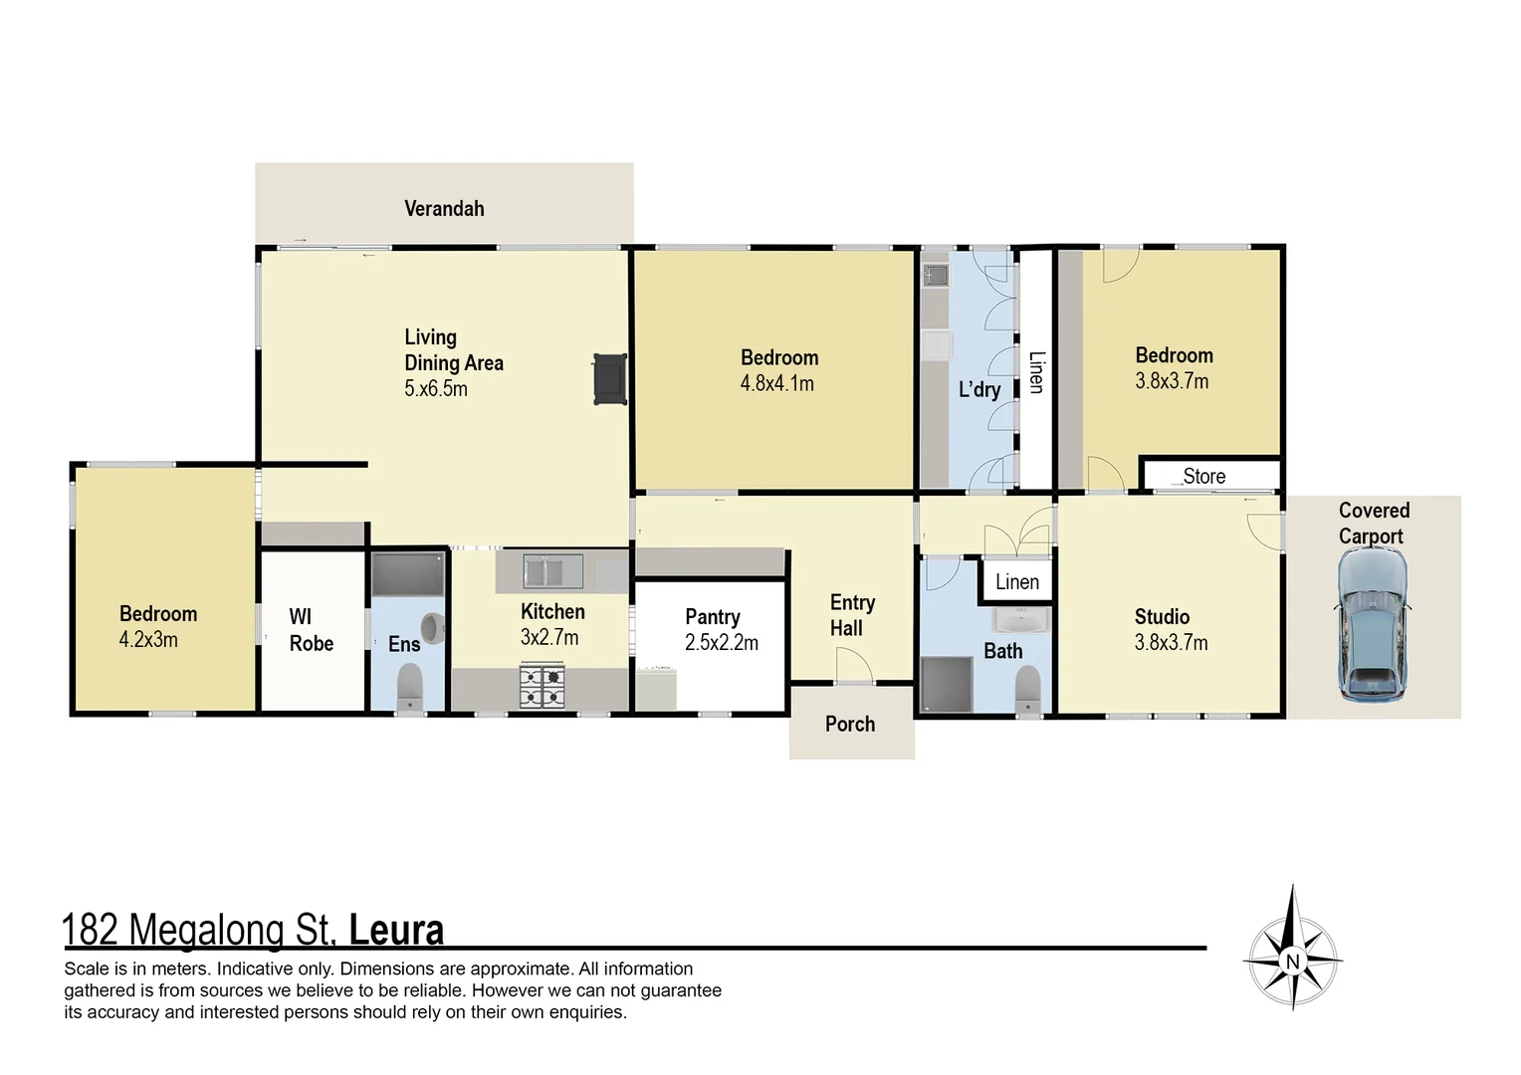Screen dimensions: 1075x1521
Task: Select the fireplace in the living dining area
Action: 609,379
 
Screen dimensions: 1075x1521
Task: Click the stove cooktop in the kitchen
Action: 543,687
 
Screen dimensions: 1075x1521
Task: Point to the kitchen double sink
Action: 543,571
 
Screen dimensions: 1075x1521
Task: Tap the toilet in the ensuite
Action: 409,687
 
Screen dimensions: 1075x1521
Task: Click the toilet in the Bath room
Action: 1027,687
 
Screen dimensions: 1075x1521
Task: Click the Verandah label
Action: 444,209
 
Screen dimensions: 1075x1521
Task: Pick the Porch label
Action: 850,725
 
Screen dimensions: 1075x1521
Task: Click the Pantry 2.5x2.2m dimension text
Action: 721,643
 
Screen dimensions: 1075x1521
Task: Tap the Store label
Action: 1203,477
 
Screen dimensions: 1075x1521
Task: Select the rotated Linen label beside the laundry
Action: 1036,372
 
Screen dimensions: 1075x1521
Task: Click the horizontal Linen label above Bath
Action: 1016,582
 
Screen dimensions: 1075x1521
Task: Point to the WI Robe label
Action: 311,630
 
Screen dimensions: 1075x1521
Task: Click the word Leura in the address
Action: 396,931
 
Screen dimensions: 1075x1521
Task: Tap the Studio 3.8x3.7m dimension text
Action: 1171,643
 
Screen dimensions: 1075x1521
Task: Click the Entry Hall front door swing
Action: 852,664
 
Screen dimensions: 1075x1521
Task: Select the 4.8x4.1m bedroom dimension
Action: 776,383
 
